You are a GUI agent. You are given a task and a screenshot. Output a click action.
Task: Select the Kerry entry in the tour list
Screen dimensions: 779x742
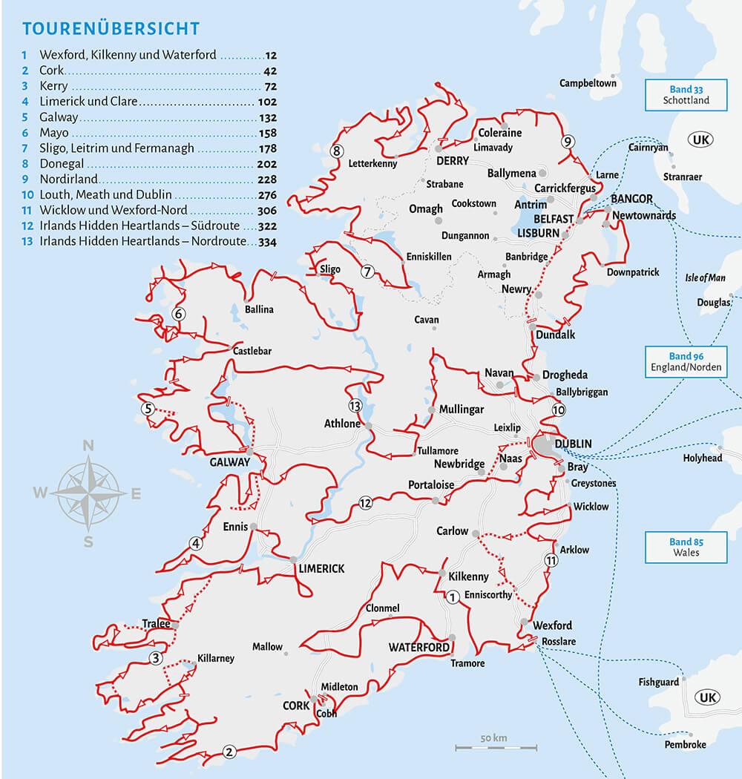(x=56, y=86)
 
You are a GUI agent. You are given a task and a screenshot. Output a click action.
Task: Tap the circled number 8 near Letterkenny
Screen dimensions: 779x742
(x=337, y=151)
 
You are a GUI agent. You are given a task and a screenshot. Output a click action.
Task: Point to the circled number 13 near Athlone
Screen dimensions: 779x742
(x=355, y=406)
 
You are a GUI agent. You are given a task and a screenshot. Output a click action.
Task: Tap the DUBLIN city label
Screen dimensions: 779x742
(x=573, y=444)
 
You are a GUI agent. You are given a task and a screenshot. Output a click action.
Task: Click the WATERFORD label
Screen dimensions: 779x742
(x=418, y=647)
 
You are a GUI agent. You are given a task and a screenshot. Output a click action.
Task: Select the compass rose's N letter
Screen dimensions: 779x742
(x=88, y=446)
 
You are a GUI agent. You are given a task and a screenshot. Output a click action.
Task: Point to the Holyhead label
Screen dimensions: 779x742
(x=702, y=458)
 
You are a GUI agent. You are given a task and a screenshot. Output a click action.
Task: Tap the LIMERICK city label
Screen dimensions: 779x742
(x=321, y=568)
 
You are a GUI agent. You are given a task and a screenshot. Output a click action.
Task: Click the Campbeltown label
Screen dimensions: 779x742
(x=588, y=83)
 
